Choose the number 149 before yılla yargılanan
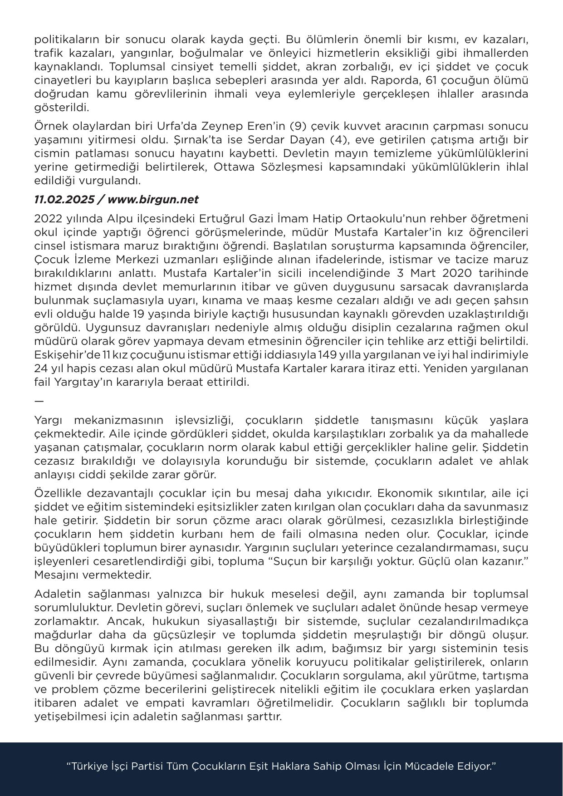(328, 355)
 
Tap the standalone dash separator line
(39, 401)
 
